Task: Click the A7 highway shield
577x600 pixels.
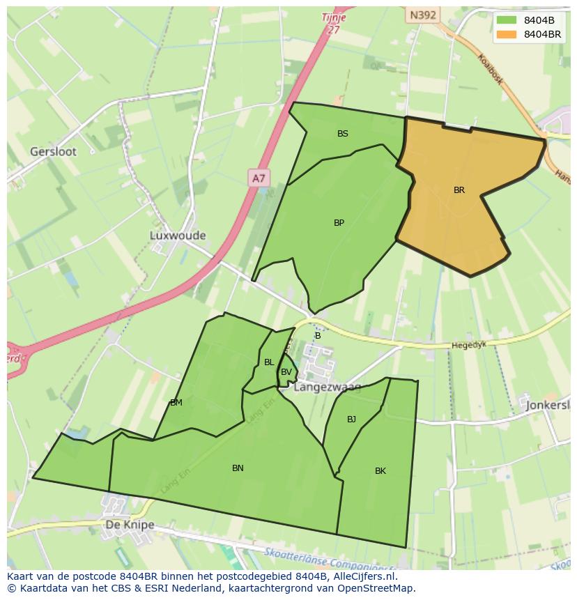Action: pos(259,178)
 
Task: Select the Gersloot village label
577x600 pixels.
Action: pos(53,151)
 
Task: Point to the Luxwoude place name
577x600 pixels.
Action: pos(178,236)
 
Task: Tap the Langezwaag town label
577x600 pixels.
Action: pos(328,387)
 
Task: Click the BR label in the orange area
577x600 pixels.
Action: pos(459,190)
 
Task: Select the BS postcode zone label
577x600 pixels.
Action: pos(343,134)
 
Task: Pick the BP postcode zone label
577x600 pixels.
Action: pos(339,223)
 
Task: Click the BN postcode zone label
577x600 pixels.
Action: pos(238,468)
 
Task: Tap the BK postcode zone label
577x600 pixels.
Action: pos(380,471)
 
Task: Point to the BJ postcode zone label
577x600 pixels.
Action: pos(351,420)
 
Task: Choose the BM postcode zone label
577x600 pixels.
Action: pos(176,403)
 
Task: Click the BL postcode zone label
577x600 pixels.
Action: pos(269,362)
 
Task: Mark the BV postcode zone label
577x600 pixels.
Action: pos(286,372)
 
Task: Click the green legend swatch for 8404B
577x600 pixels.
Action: pos(507,20)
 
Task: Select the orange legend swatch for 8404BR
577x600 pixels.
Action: pos(507,34)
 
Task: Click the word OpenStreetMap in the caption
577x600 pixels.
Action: pos(376,587)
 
